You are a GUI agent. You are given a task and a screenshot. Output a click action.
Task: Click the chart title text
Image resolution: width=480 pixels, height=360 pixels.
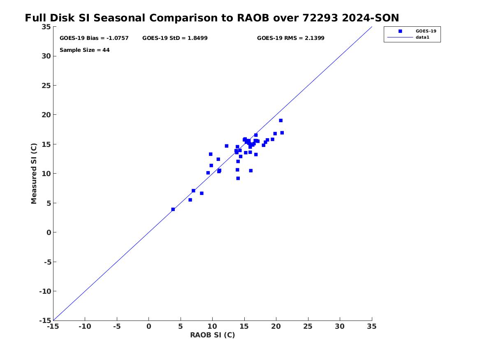coord(212,18)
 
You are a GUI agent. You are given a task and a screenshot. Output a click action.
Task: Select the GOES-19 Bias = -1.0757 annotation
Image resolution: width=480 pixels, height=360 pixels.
coord(94,38)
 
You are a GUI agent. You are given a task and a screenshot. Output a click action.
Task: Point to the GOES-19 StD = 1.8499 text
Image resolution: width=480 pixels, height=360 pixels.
coord(175,38)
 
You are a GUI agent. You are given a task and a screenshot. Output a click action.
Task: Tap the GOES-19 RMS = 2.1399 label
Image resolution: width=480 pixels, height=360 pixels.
coord(290,38)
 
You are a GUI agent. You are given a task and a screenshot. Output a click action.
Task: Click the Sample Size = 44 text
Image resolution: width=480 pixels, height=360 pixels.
coord(84,50)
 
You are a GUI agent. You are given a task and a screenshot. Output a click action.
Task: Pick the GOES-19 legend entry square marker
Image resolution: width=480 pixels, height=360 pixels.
coord(400,31)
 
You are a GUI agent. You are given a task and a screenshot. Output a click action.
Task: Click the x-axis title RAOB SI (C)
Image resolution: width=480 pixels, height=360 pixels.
coord(213,335)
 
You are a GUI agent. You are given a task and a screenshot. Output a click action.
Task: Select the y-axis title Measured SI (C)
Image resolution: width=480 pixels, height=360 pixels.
coord(34,173)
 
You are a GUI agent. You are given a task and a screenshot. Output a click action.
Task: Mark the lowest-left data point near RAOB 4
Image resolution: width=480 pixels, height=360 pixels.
coord(173,209)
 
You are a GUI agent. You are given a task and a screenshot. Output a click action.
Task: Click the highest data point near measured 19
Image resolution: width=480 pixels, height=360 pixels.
coord(281,121)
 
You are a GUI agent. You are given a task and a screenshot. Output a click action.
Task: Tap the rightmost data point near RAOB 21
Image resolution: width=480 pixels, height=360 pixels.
coord(282,133)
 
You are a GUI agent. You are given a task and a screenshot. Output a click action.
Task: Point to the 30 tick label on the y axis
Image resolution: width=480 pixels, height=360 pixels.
coord(46,56)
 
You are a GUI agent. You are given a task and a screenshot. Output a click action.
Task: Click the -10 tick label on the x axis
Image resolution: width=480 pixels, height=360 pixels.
coord(85,326)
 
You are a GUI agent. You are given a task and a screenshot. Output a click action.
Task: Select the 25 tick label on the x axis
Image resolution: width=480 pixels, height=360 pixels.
coord(308,326)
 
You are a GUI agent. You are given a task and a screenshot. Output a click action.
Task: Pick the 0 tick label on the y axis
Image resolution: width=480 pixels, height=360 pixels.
coord(49,232)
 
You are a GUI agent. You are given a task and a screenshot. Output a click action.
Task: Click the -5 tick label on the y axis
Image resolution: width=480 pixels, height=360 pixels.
coord(47,262)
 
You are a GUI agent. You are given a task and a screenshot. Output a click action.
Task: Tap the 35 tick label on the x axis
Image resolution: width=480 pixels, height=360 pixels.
coord(372,326)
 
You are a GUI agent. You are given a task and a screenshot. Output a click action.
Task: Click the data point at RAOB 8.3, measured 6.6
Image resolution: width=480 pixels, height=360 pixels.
coord(202,193)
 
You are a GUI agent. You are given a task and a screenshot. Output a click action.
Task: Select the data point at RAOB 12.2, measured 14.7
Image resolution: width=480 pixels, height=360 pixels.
coord(227,146)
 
